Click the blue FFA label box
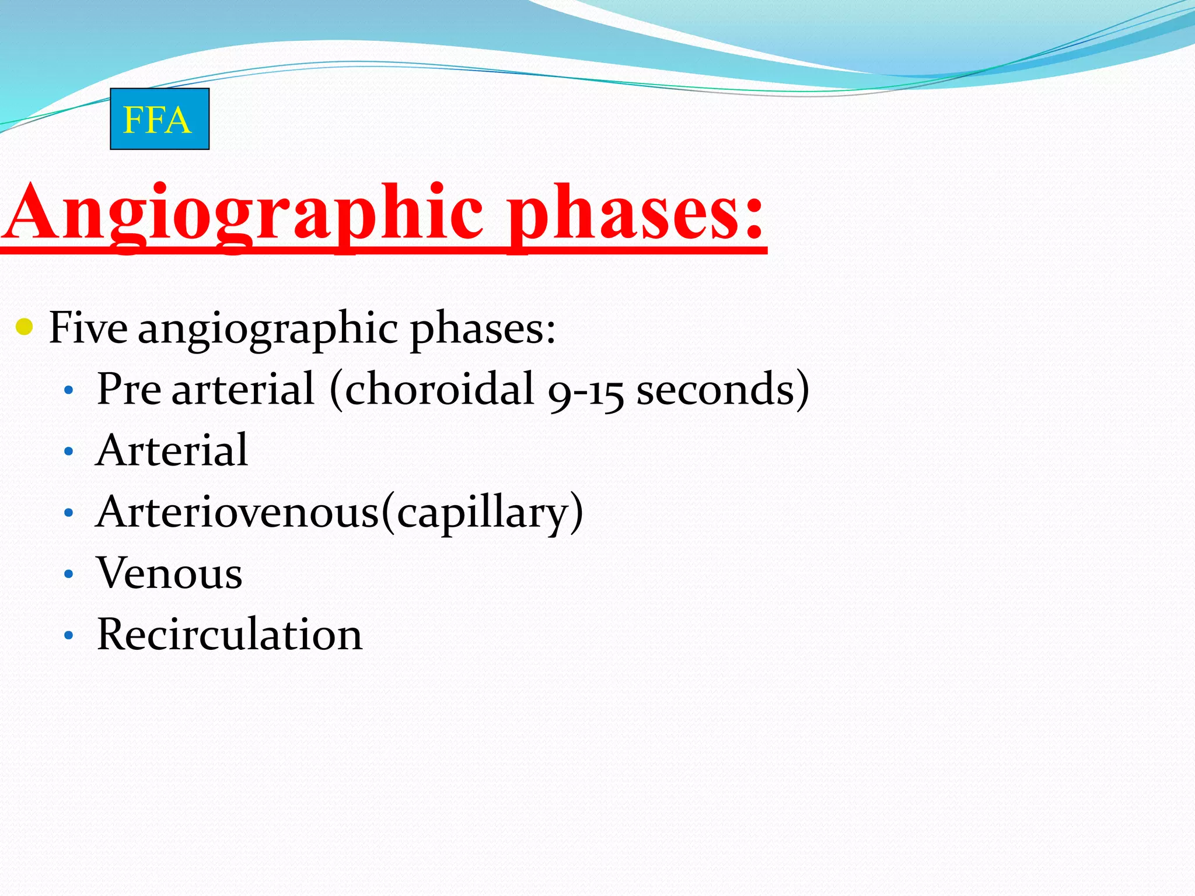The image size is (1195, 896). pyautogui.click(x=159, y=119)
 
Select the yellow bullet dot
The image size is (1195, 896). pyautogui.click(x=25, y=327)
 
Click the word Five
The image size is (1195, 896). pyautogui.click(x=88, y=327)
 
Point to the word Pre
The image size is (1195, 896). pyautogui.click(x=128, y=389)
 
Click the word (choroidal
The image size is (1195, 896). pyautogui.click(x=432, y=389)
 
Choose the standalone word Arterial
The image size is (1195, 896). pyautogui.click(x=172, y=450)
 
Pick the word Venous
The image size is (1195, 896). pyautogui.click(x=169, y=573)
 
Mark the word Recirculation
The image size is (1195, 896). pyautogui.click(x=229, y=635)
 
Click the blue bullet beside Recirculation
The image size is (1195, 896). pyautogui.click(x=69, y=635)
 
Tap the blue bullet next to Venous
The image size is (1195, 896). pyautogui.click(x=69, y=574)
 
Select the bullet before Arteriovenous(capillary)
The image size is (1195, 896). pyautogui.click(x=69, y=513)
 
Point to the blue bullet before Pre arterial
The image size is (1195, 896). pyautogui.click(x=69, y=390)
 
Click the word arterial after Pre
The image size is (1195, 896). pyautogui.click(x=243, y=389)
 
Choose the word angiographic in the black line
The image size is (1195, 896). pyautogui.click(x=268, y=328)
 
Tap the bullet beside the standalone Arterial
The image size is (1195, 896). pyautogui.click(x=69, y=452)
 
